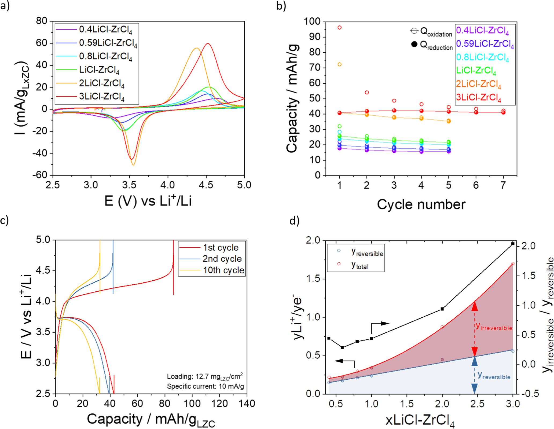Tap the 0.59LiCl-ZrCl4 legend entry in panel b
click(485, 44)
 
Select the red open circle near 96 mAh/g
click(339, 28)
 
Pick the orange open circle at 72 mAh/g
click(339, 64)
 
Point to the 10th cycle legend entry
click(223, 270)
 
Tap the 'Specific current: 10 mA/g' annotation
click(205, 386)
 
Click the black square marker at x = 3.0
click(513, 244)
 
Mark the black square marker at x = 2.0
click(442, 309)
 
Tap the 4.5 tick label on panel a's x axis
click(206, 185)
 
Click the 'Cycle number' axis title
click(421, 204)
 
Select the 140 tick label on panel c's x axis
click(247, 404)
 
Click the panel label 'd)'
click(294, 221)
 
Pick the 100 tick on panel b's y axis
click(312, 21)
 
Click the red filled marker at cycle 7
click(503, 112)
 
